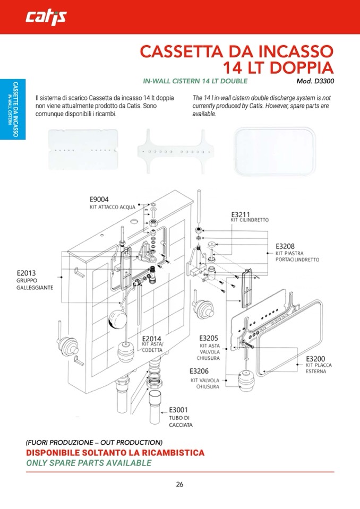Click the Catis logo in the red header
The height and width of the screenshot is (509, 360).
[x=46, y=17]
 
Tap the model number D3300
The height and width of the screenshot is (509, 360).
[x=324, y=81]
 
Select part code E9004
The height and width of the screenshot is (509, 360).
[x=99, y=200]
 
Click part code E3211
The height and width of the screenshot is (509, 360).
[x=241, y=214]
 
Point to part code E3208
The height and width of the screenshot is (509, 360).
[x=285, y=246]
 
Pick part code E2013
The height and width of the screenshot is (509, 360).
[x=27, y=273]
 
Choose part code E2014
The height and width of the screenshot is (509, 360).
[x=152, y=339]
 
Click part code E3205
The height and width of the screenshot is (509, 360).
[x=209, y=338]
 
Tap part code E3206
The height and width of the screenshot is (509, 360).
[x=199, y=371]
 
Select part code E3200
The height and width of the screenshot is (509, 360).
[x=315, y=359]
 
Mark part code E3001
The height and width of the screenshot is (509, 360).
[x=178, y=410]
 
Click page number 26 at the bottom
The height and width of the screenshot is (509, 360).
[x=179, y=485]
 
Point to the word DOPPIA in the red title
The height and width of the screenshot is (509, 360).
[x=301, y=67]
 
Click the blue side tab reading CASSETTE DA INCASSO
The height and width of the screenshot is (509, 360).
[x=13, y=109]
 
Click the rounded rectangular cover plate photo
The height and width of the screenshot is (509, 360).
[x=275, y=151]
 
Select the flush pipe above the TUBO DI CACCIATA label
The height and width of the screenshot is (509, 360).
[x=156, y=408]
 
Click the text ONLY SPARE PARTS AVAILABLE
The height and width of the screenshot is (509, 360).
[x=89, y=463]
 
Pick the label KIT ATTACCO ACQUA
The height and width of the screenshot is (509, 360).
[x=113, y=207]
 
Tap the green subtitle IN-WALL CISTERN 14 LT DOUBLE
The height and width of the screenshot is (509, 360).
[x=195, y=81]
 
